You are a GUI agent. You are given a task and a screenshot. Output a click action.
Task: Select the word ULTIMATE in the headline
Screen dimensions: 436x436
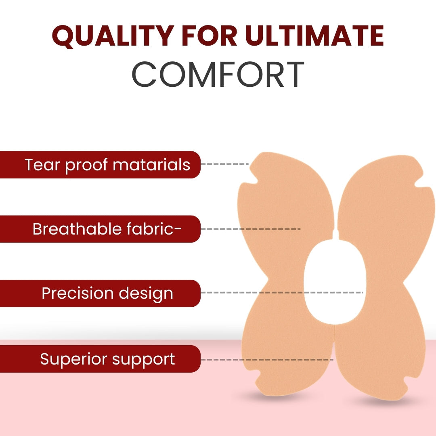coord(314,36)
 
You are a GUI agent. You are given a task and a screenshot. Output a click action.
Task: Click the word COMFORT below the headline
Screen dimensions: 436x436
coord(218,74)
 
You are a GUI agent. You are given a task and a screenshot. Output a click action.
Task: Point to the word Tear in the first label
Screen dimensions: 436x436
coord(42,164)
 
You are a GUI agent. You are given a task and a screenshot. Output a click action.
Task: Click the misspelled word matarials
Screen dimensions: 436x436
coord(151,164)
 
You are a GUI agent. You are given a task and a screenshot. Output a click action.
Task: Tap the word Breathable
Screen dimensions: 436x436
coord(77,229)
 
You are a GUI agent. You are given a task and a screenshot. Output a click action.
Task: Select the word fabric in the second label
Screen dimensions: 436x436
coord(151,229)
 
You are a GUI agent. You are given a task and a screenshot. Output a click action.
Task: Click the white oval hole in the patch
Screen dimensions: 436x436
coord(335,282)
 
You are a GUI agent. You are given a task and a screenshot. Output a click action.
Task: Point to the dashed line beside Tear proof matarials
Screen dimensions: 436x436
coord(225,164)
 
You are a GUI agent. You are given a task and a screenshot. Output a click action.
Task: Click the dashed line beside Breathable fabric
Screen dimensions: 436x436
coord(251,229)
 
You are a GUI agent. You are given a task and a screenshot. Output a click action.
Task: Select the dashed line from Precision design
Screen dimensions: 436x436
coord(282,293)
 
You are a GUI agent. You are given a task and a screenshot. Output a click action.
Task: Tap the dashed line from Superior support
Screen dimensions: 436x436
coord(267,360)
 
